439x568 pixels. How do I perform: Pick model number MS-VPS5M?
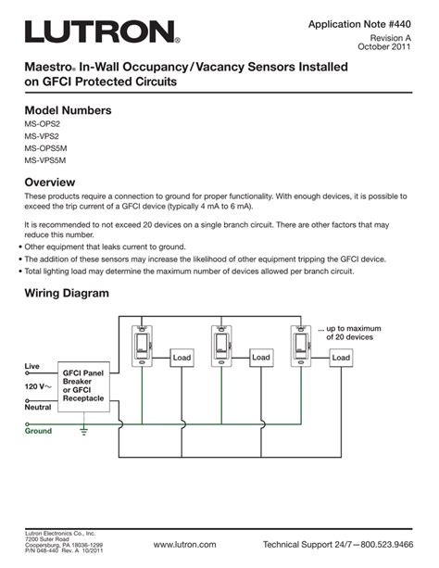[46, 160]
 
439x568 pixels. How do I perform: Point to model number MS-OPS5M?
[46, 149]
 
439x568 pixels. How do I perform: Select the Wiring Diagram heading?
[67, 294]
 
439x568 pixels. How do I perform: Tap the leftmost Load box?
[181, 358]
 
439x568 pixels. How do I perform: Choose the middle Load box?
[260, 358]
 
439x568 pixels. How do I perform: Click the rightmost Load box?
[341, 358]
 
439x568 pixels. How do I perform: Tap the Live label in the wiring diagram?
[32, 368]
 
